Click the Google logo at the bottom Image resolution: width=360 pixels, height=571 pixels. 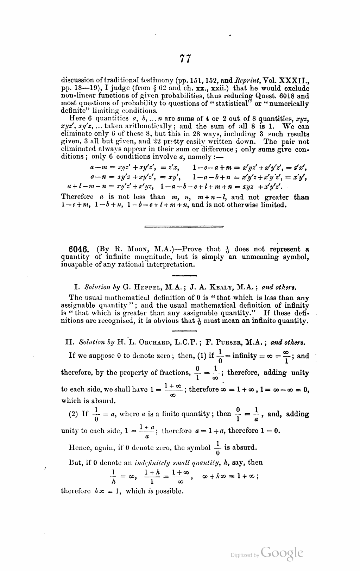point(282,553)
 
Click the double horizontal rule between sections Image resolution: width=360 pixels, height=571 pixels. point(184,227)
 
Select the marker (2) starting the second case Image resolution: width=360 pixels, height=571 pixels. point(73,414)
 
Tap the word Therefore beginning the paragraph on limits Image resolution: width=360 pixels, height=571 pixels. point(77,197)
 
